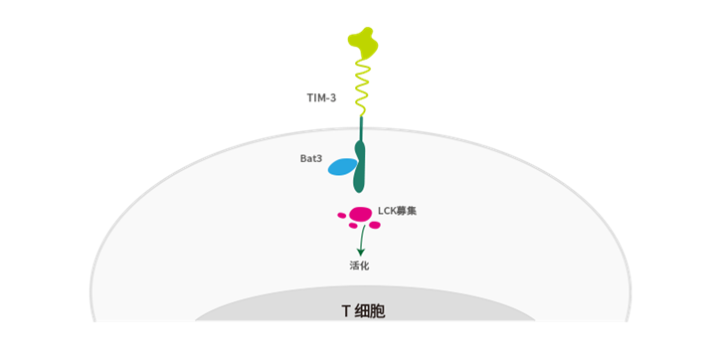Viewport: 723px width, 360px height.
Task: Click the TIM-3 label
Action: click(x=322, y=97)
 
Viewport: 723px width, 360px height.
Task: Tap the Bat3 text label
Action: click(x=310, y=157)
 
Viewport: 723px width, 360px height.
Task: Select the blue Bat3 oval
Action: click(x=342, y=167)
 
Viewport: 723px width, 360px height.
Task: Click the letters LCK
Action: click(x=387, y=211)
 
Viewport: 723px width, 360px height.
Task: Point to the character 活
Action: click(x=355, y=266)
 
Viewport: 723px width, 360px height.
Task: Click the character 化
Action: click(x=365, y=266)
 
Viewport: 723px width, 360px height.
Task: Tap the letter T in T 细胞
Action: click(x=345, y=311)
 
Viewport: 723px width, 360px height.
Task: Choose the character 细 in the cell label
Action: click(x=362, y=311)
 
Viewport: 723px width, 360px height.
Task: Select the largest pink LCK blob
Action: click(x=361, y=213)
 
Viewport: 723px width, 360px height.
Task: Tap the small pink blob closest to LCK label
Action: click(x=375, y=225)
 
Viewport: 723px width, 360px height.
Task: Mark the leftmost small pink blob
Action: click(x=342, y=215)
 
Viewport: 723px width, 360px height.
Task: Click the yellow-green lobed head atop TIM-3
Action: click(x=362, y=40)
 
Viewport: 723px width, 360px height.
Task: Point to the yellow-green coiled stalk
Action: click(x=362, y=85)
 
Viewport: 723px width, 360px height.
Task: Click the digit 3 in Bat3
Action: click(x=319, y=157)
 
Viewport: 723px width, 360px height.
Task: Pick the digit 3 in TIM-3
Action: click(x=335, y=97)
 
